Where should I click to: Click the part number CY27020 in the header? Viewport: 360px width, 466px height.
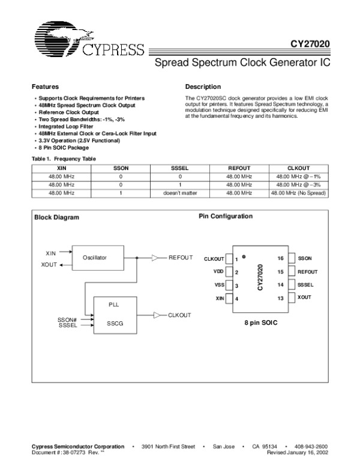click(x=310, y=44)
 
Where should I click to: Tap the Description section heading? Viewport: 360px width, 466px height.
click(x=203, y=87)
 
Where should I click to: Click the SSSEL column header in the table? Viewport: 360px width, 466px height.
click(x=180, y=169)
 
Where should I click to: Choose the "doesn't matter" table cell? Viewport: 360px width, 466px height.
click(x=180, y=193)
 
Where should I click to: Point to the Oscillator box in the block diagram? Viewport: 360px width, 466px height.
click(x=95, y=257)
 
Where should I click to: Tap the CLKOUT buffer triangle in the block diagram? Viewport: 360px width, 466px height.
click(x=157, y=315)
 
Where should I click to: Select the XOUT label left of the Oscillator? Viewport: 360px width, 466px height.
click(x=49, y=264)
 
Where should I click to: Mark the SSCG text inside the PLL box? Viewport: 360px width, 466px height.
click(x=114, y=322)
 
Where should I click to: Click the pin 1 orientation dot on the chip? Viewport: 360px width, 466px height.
click(x=244, y=256)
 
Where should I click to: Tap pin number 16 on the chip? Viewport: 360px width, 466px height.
click(x=280, y=258)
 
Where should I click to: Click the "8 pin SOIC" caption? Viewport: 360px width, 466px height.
click(x=260, y=322)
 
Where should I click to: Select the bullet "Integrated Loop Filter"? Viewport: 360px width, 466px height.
click(x=62, y=127)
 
